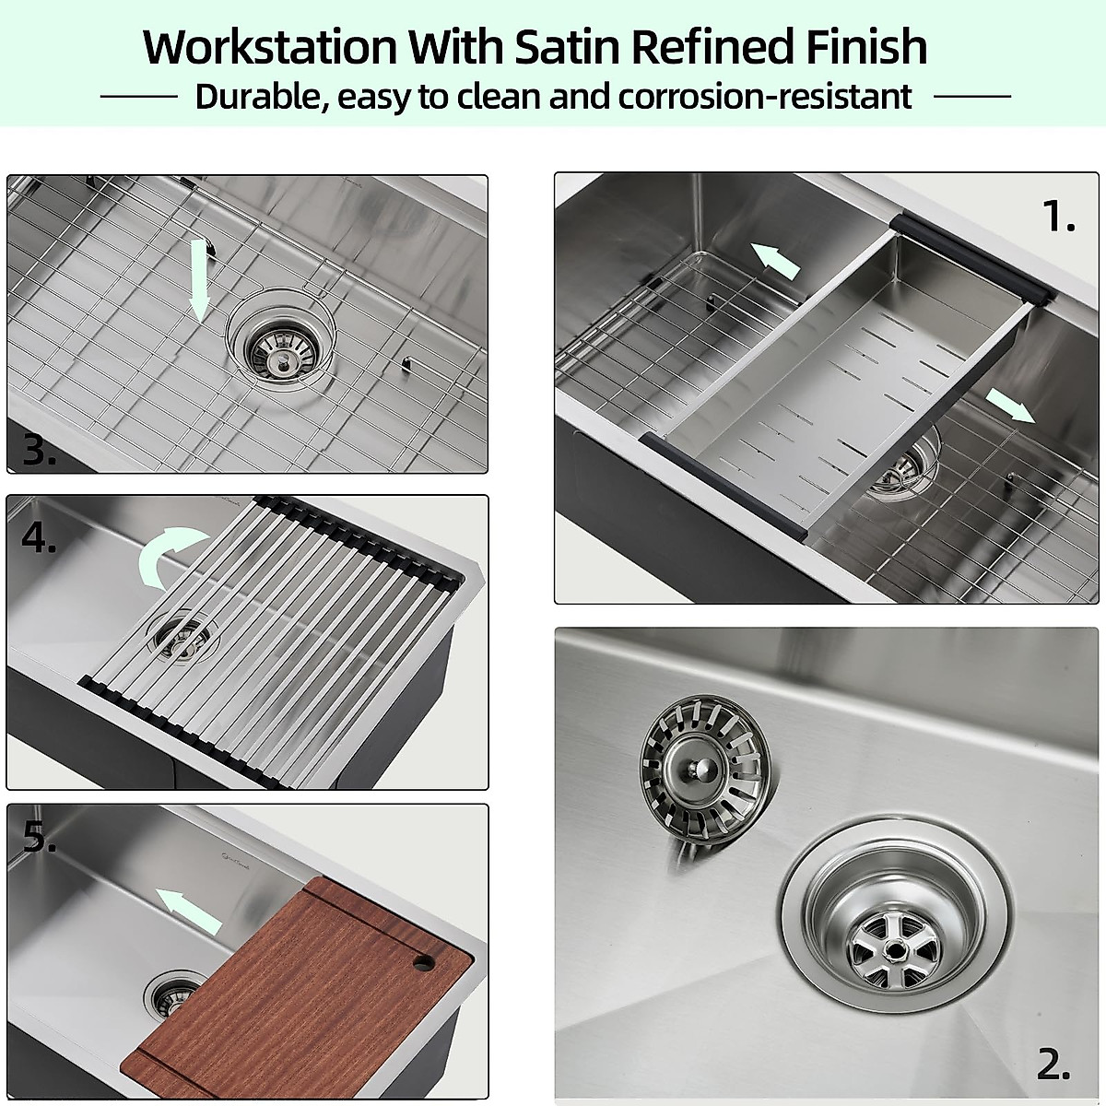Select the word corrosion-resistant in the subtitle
(x=765, y=96)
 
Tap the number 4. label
(x=39, y=538)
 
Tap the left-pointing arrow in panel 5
(x=188, y=911)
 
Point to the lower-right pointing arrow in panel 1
(x=1008, y=404)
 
